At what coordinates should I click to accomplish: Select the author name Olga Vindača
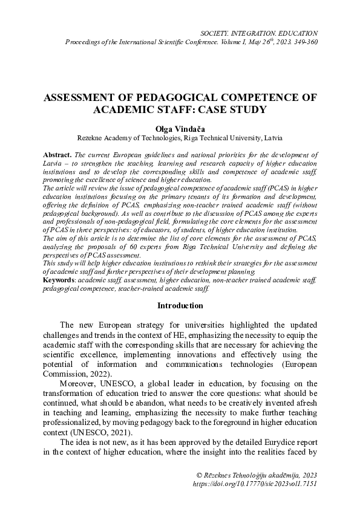pos(180,129)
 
